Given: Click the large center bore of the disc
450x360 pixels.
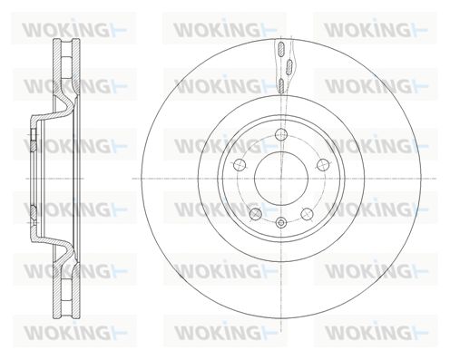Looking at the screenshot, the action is [x=281, y=179].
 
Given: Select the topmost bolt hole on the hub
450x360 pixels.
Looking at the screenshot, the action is [x=281, y=134].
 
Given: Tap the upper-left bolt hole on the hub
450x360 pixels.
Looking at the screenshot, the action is [x=240, y=165].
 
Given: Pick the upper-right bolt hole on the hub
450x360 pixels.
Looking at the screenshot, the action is [x=323, y=165].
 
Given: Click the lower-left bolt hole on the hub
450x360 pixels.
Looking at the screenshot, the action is [x=256, y=214].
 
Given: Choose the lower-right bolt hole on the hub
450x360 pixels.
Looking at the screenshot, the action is [x=307, y=214].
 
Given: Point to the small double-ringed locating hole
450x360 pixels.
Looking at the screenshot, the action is [x=281, y=223].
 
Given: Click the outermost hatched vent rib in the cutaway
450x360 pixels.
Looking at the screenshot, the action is [x=281, y=49].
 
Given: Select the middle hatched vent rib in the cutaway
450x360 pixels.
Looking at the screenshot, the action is [x=289, y=66].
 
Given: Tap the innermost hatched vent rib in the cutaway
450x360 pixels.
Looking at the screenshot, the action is [x=281, y=85].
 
